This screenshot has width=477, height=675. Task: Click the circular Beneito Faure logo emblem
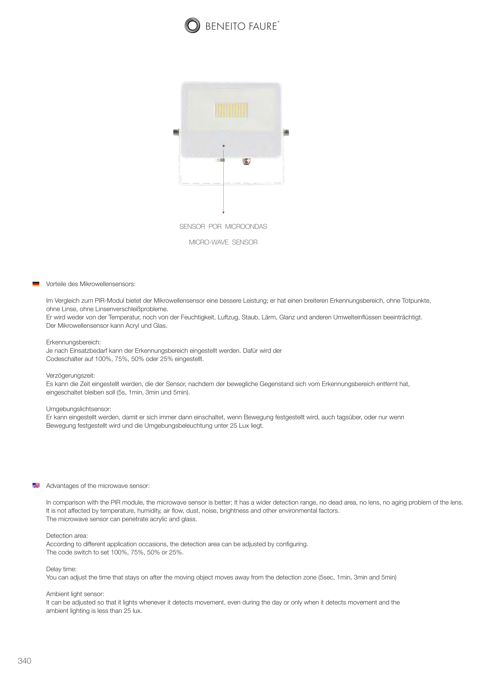point(192,26)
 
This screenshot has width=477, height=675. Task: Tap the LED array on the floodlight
point(231,110)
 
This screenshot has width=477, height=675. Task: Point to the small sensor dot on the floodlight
point(224,146)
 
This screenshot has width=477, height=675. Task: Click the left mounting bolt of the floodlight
point(176,132)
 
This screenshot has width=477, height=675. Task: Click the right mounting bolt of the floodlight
point(286,132)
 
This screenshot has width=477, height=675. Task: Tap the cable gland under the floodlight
point(246,161)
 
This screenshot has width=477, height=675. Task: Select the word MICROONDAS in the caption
point(246,227)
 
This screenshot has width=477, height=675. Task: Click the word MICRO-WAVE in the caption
point(208,242)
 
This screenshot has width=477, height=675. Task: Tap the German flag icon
point(36,284)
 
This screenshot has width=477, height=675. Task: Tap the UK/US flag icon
point(36,485)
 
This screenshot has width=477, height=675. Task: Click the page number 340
point(24,661)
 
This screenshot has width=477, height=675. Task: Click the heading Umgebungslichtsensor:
point(79,409)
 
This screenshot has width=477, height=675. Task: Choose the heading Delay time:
point(61,569)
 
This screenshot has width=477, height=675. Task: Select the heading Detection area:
point(67,536)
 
